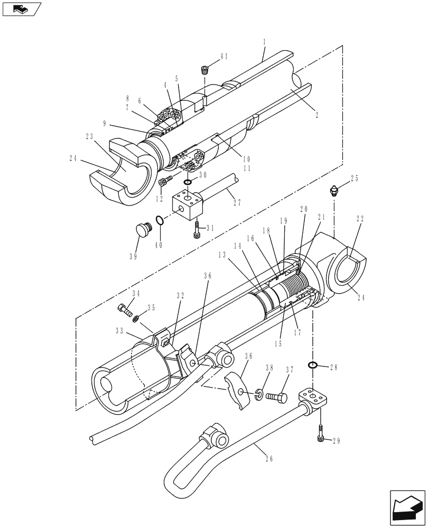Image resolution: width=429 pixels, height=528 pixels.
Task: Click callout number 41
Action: click(223, 56)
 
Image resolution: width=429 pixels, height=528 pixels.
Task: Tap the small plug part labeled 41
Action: click(206, 69)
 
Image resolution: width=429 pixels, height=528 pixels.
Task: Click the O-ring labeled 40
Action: click(159, 220)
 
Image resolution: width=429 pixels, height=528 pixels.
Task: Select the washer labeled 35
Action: click(136, 318)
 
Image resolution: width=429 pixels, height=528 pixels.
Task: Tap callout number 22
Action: click(360, 219)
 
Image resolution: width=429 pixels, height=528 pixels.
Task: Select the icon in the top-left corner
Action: click(21, 8)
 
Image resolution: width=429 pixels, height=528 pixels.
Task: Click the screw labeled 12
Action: click(164, 182)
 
